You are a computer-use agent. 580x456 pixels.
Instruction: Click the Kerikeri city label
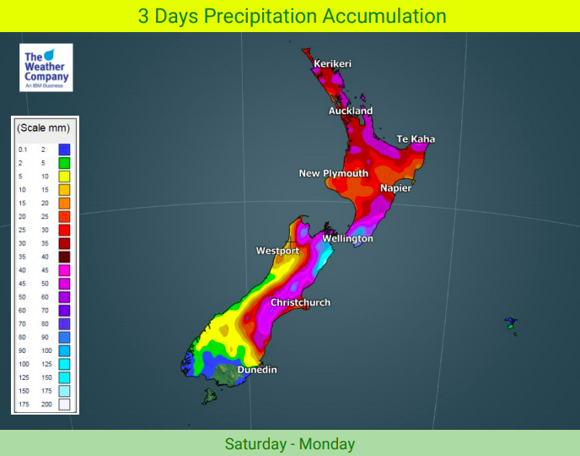tap(332, 64)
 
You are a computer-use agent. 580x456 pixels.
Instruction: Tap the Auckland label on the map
tap(351, 111)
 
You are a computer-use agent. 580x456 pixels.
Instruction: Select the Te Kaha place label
tap(416, 139)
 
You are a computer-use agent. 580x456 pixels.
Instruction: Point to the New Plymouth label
tap(334, 174)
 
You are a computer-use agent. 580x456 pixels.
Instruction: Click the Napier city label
tap(395, 188)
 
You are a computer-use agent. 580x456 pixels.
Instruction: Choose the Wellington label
tap(347, 239)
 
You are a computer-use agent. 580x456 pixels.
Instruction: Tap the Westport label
tap(278, 252)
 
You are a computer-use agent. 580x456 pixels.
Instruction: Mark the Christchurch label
tap(300, 302)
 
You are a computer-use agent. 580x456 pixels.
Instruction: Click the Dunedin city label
tap(257, 370)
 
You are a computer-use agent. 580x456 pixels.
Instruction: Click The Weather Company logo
tap(46, 68)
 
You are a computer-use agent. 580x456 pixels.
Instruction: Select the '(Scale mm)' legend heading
tap(44, 128)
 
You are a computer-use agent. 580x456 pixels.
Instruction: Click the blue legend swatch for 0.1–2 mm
tap(64, 149)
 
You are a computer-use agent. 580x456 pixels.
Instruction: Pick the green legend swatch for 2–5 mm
tap(64, 162)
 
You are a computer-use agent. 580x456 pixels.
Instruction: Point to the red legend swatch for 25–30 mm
tap(64, 230)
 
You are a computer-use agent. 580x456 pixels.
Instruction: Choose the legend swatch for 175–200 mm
tap(64, 404)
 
